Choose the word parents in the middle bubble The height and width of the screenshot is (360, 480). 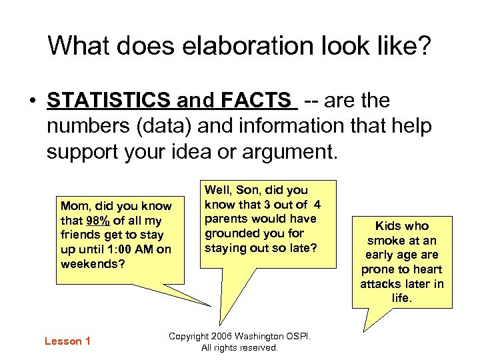click(x=226, y=219)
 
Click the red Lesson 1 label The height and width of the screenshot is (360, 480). click(x=67, y=341)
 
